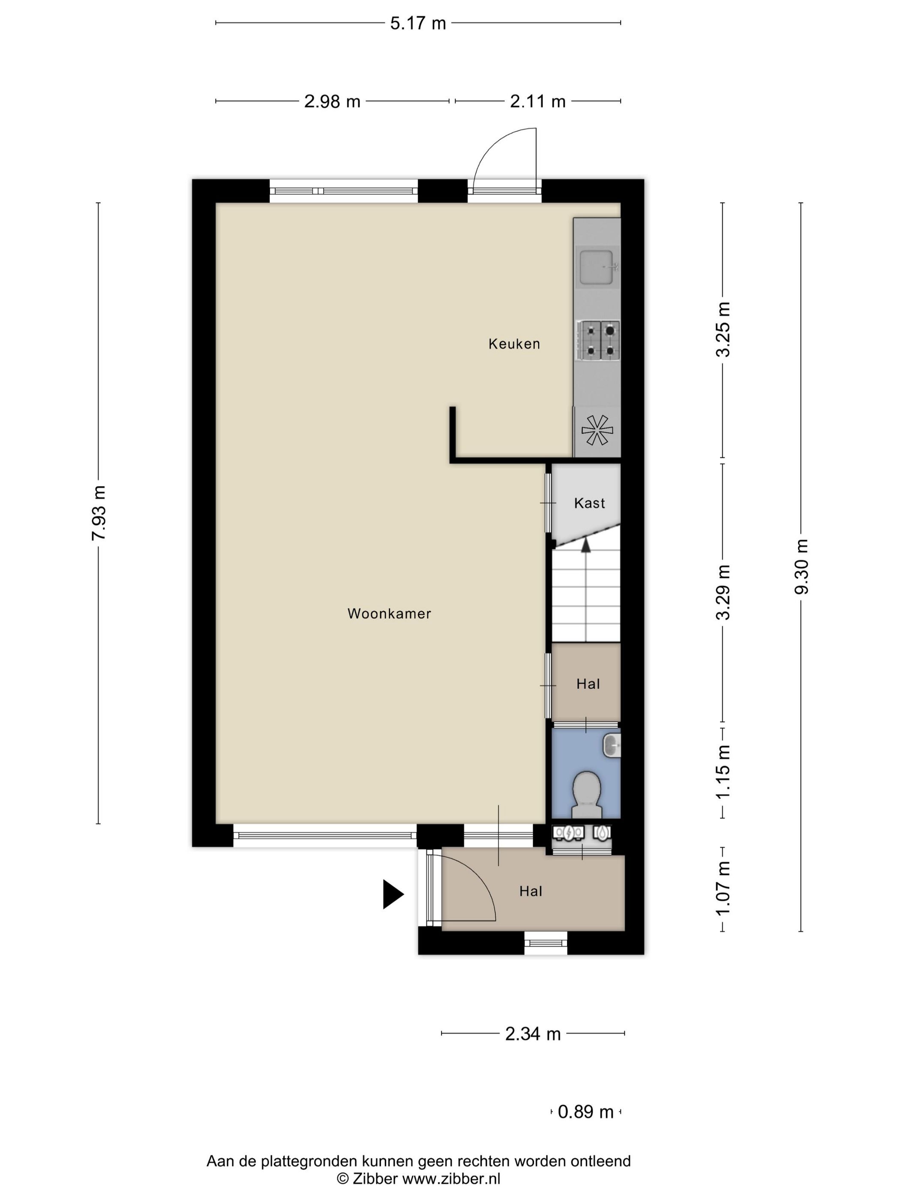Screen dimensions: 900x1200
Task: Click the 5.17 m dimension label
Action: click(418, 23)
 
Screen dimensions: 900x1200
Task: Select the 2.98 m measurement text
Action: click(332, 102)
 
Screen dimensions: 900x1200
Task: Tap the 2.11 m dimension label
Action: click(537, 102)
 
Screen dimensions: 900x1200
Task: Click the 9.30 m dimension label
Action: click(801, 567)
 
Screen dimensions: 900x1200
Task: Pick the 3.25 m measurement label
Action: click(723, 329)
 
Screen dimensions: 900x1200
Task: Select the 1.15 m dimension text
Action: click(723, 771)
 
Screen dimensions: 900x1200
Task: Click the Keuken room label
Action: click(514, 344)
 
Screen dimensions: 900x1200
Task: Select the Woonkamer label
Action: click(389, 614)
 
